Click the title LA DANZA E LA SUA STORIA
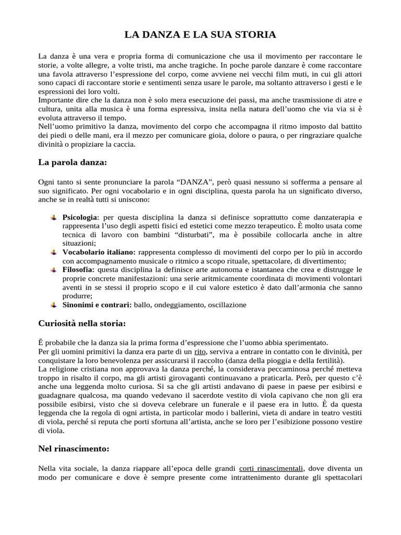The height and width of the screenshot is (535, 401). [x=200, y=35]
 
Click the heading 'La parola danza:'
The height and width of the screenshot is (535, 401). [x=73, y=162]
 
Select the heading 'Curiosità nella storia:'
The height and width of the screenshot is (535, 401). [x=82, y=323]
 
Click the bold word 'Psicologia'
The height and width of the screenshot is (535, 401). [x=79, y=216]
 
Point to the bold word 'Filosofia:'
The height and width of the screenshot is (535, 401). [x=78, y=270]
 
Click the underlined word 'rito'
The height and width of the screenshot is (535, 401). [x=200, y=352]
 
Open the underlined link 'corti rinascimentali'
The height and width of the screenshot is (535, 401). [x=272, y=468]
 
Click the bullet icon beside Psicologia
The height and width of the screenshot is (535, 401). [x=53, y=216]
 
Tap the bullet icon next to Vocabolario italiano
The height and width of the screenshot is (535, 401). [x=53, y=252]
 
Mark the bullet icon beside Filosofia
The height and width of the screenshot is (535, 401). [x=53, y=270]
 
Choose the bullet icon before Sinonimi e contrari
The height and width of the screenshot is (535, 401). [x=53, y=305]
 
